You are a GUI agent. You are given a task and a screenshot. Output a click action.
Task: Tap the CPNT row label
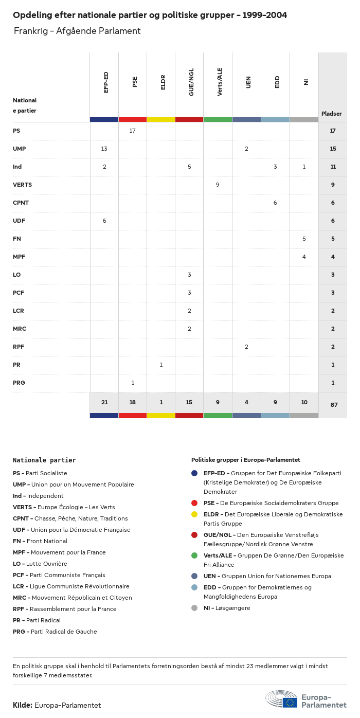pyautogui.click(x=21, y=203)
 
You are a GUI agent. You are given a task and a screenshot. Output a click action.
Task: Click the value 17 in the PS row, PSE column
pyautogui.click(x=133, y=131)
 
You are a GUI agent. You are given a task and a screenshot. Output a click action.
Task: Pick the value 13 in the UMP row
pyautogui.click(x=104, y=149)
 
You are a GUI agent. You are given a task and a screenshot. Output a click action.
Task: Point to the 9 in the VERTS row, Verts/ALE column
pyautogui.click(x=218, y=185)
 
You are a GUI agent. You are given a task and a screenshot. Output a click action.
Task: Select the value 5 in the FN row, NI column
pyautogui.click(x=304, y=239)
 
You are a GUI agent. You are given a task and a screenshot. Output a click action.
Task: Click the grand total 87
pyautogui.click(x=334, y=405)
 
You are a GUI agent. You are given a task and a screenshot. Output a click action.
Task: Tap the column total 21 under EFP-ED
pyautogui.click(x=104, y=402)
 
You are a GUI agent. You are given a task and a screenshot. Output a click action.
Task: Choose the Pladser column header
pyautogui.click(x=332, y=114)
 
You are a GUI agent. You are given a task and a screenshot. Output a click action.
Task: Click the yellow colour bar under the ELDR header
pyautogui.click(x=161, y=119)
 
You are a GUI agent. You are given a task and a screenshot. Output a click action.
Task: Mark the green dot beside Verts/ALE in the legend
pyautogui.click(x=194, y=555)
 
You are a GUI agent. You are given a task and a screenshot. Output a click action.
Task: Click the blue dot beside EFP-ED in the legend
pyautogui.click(x=194, y=473)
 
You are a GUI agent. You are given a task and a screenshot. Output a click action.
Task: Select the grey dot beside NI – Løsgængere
pyautogui.click(x=194, y=608)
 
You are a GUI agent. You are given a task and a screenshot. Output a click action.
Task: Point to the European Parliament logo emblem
pyautogui.click(x=281, y=699)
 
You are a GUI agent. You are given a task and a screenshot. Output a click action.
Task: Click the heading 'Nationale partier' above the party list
pyautogui.click(x=44, y=460)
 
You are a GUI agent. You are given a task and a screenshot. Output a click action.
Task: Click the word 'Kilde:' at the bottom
pyautogui.click(x=23, y=705)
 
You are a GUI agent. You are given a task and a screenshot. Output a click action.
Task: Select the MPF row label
pyautogui.click(x=19, y=257)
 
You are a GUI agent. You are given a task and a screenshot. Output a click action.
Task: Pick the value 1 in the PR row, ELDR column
pyautogui.click(x=161, y=365)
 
